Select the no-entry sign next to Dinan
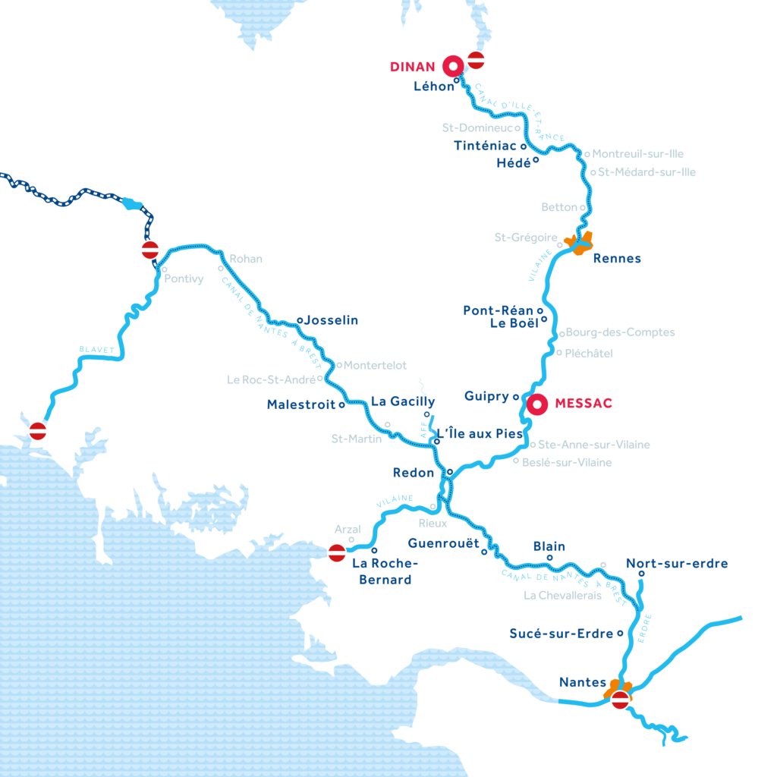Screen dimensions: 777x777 click(476, 60)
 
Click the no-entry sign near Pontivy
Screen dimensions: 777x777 click(149, 250)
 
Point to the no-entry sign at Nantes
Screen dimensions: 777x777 click(621, 700)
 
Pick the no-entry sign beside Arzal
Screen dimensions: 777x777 click(338, 553)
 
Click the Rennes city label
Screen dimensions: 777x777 click(616, 259)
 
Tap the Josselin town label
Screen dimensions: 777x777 click(331, 320)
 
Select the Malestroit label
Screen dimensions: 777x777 click(300, 405)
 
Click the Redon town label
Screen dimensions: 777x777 click(413, 473)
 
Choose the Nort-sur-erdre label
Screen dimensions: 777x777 click(676, 563)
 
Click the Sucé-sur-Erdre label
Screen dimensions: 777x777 click(561, 633)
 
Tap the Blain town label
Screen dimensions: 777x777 click(549, 546)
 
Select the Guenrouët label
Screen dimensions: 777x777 click(443, 543)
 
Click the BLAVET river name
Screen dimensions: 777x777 click(96, 350)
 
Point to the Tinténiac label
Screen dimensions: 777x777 click(485, 146)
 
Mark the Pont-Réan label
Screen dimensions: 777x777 click(498, 310)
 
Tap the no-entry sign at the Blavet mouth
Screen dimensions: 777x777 click(38, 431)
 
